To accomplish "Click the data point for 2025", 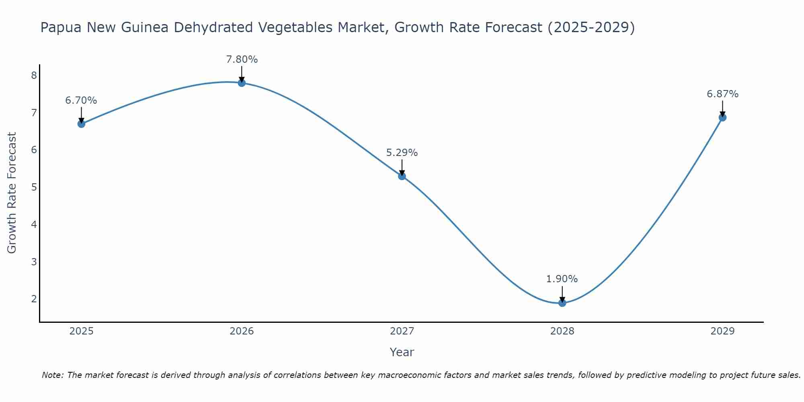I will coord(81,124).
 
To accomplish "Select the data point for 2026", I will coord(242,83).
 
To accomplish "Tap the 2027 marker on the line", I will coord(402,176).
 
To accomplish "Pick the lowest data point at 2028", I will coord(562,303).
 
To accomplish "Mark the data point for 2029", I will coord(722,117).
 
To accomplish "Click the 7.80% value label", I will coord(242,59).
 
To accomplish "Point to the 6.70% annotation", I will coord(81,100).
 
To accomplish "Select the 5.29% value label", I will coord(402,153).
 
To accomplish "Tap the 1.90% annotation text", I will coord(562,279).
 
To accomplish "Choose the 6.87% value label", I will coord(722,94).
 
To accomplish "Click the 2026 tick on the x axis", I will coord(242,331).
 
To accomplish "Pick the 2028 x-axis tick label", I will coord(562,331).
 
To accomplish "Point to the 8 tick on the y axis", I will coord(34,75).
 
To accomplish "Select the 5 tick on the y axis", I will coord(34,187).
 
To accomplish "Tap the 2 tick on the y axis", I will coord(34,299).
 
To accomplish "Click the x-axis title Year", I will coord(402,352).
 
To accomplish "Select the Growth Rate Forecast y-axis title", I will coord(12,193).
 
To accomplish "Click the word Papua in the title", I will coord(61,28).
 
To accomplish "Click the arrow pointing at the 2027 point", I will coord(402,167).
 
